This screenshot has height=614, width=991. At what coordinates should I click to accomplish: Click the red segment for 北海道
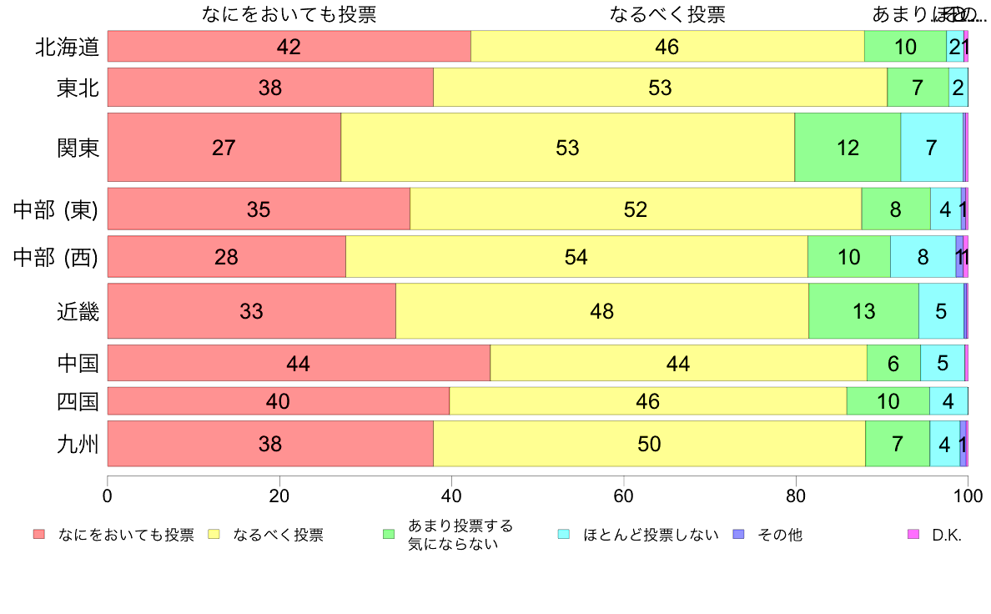pos(289,47)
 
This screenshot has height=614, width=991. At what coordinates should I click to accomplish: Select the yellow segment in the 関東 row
pos(567,148)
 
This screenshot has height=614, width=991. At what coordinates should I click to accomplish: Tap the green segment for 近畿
pos(863,311)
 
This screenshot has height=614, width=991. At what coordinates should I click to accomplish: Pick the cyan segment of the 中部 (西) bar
pos(923,257)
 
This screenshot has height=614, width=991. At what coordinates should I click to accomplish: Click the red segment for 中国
pos(299,363)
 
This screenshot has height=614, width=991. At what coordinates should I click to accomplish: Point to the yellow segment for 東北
pos(660,87)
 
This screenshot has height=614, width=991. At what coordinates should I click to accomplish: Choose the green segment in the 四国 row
pos(888,401)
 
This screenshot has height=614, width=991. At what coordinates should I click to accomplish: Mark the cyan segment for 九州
pos(944,444)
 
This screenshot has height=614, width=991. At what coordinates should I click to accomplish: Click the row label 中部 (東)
pos(56,209)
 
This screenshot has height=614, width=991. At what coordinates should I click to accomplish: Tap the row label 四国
pos(78,402)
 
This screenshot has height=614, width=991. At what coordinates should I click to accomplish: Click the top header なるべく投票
pos(667,14)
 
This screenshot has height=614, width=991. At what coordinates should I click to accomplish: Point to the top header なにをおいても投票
pos(289,14)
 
